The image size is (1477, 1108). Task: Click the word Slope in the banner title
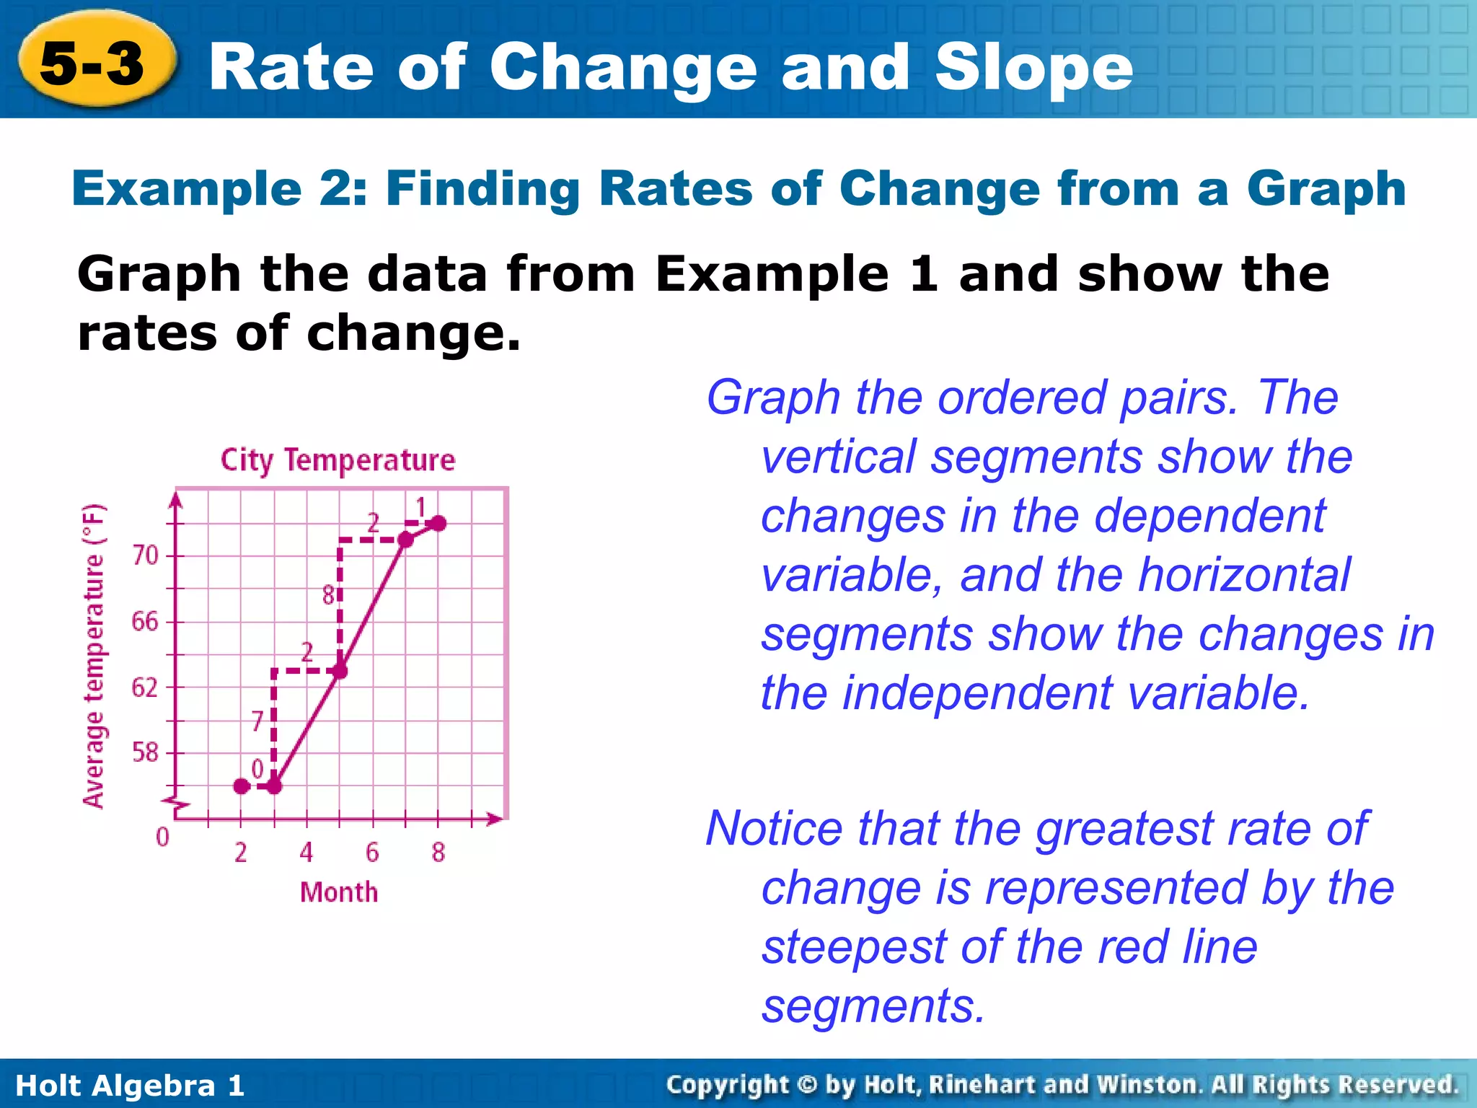(1033, 69)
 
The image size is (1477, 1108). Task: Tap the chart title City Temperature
(338, 460)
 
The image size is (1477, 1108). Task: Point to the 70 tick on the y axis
(145, 555)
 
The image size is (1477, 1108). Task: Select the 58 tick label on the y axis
(145, 752)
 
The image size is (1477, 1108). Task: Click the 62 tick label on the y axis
(145, 687)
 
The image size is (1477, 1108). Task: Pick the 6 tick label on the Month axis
(372, 853)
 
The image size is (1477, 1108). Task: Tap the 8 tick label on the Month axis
(438, 853)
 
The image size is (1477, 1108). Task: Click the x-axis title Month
(339, 892)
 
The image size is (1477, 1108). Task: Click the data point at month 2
(242, 786)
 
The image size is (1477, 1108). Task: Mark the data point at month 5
(340, 671)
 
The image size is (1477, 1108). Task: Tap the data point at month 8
(438, 523)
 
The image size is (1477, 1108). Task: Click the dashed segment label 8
(328, 596)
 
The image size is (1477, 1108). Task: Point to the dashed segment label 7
(257, 721)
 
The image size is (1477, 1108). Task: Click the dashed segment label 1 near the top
(421, 507)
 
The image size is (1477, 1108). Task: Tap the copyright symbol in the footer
(808, 1085)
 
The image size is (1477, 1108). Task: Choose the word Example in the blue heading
(187, 190)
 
